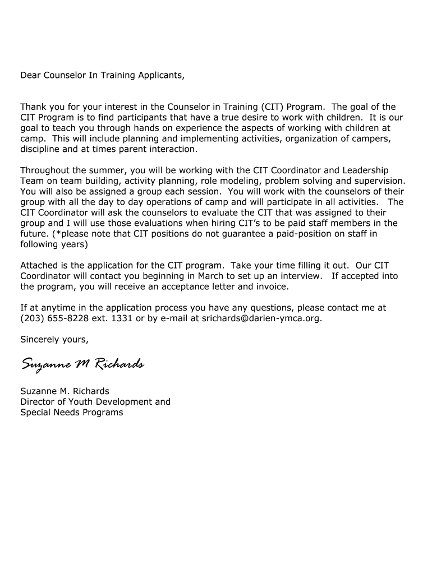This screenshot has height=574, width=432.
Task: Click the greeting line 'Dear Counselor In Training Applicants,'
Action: (102, 75)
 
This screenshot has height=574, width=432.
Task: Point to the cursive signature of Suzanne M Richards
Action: (82, 365)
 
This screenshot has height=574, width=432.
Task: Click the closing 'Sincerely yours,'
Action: (54, 340)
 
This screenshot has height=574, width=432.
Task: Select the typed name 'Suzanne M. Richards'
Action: (65, 391)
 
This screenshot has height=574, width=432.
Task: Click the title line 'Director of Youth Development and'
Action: (95, 402)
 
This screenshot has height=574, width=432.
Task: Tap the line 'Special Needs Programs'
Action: (71, 413)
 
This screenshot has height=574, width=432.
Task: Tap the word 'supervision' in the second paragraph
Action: (381, 181)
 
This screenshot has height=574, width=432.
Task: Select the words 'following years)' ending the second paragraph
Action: (54, 244)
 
